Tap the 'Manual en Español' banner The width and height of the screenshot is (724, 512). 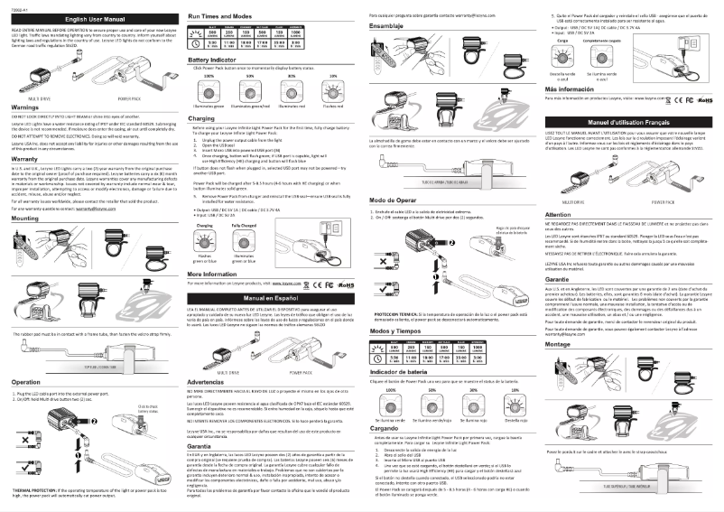(x=269, y=297)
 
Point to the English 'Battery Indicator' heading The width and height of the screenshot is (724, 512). (x=211, y=61)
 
